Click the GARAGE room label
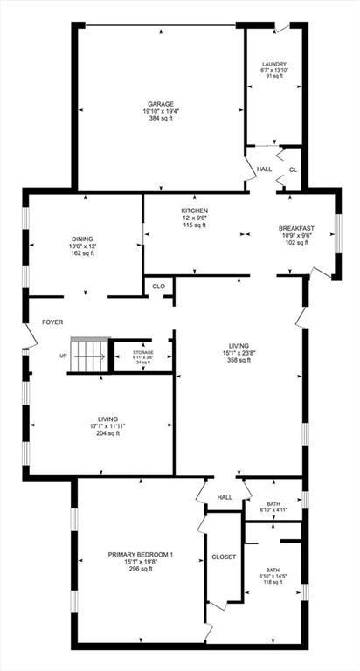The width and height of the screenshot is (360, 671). [x=160, y=104]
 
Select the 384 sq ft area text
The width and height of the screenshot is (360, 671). [x=160, y=118]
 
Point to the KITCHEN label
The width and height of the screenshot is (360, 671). [x=194, y=211]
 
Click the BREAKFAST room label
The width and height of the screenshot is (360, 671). [x=296, y=228]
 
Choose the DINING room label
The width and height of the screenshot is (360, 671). [x=83, y=239]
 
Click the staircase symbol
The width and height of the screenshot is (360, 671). [x=87, y=356]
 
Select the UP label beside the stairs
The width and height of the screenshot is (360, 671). [x=63, y=356]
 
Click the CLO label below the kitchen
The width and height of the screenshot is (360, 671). [x=158, y=286]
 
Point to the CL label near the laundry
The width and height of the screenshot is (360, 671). [x=293, y=169]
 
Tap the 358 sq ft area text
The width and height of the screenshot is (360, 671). [x=239, y=360]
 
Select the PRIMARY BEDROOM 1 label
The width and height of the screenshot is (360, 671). [x=142, y=555]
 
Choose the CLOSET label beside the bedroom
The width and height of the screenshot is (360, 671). [x=224, y=557]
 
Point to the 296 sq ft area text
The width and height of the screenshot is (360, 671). [x=142, y=569]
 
